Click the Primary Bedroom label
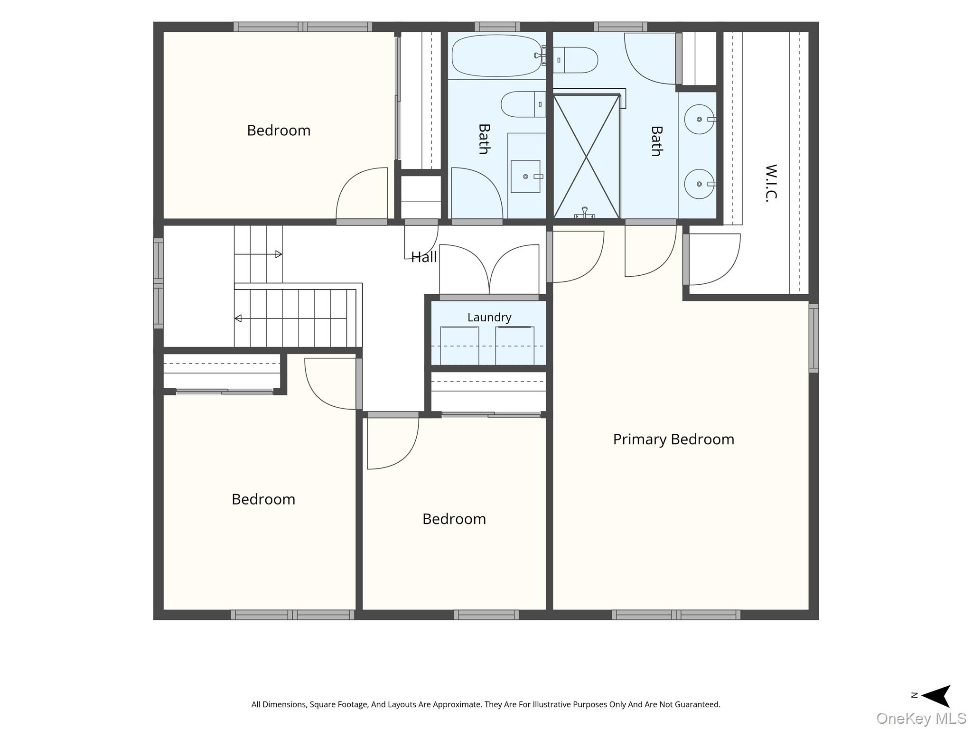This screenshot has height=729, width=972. pos(673,439)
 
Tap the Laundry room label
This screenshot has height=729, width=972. pos(489,318)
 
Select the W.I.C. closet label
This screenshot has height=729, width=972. pos(771,183)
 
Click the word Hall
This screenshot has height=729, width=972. pos(424,257)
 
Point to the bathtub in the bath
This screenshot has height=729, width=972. pos(497,56)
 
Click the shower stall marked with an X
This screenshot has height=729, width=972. pos(587,157)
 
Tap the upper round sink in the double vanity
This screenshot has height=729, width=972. pos(699,119)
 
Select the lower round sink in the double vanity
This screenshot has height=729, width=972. pos(699,184)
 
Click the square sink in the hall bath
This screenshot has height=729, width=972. pos(525,177)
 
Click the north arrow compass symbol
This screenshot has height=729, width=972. pos(935,696)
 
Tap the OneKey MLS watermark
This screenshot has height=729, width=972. pos(921,718)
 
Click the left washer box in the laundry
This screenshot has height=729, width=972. pos(459,346)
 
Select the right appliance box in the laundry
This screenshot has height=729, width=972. pos(514,346)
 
